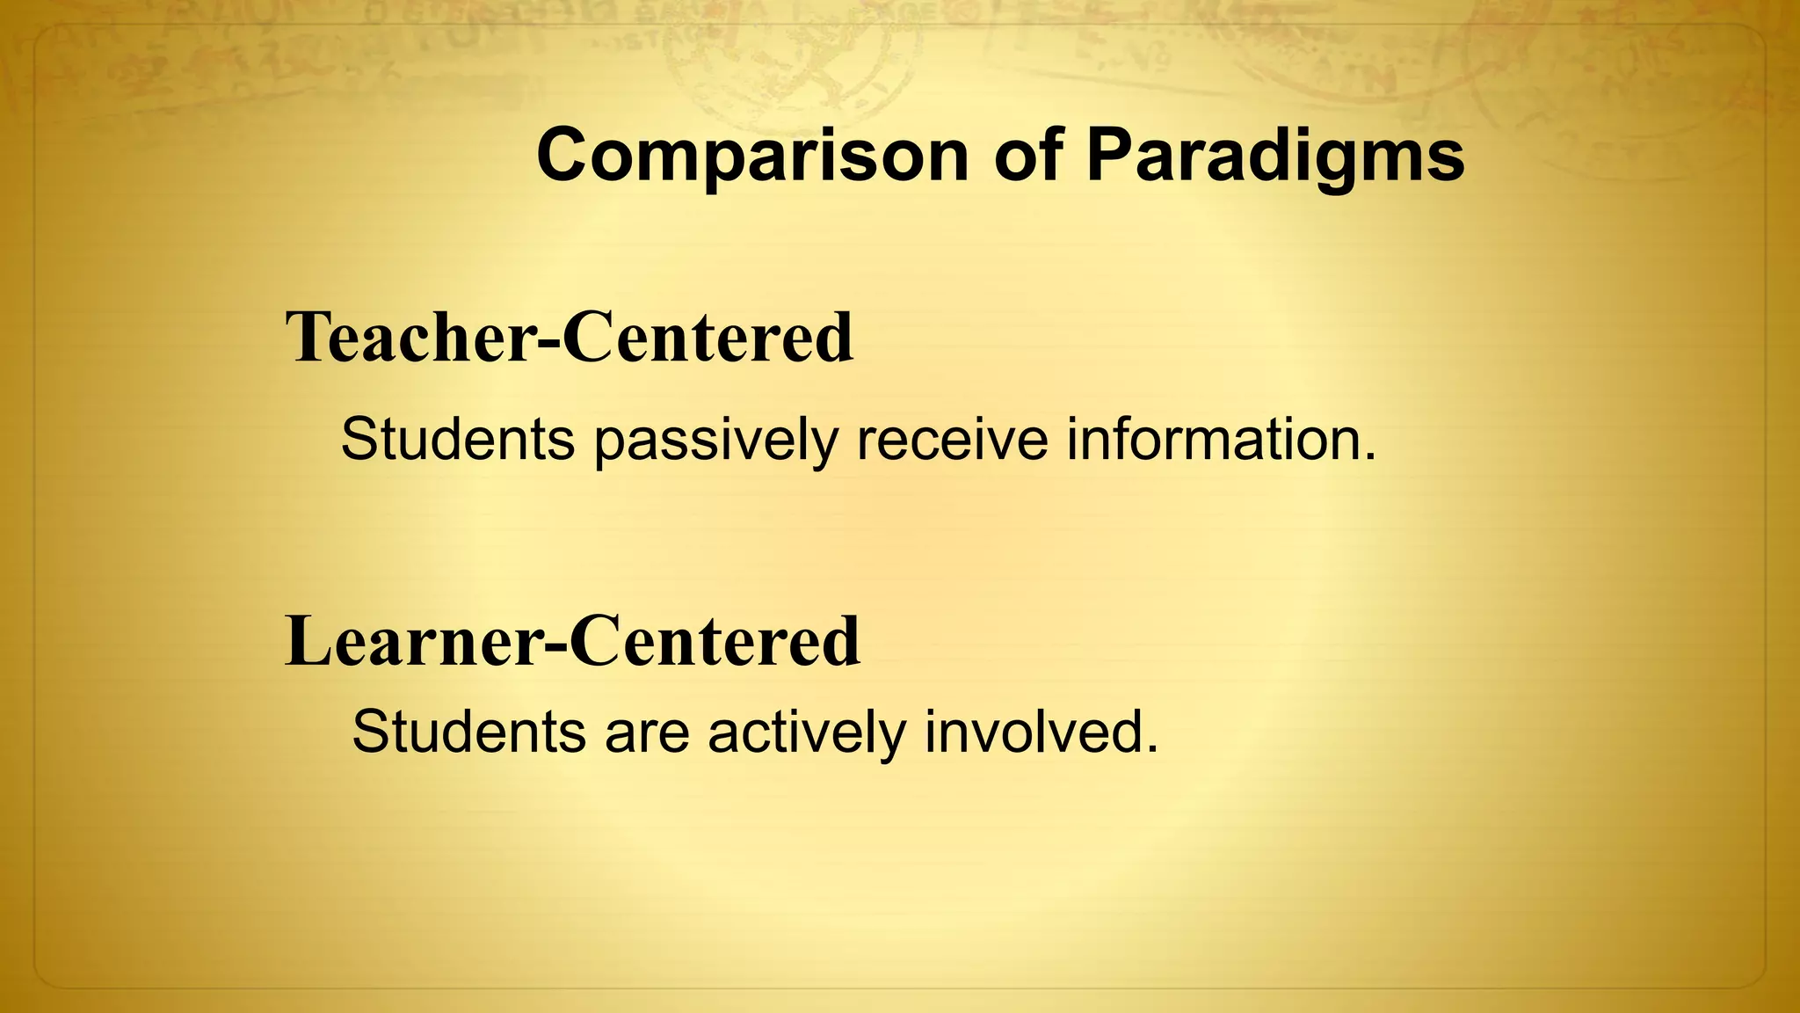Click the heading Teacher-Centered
pos(570,338)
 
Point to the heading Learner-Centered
pos(573,641)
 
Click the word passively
pos(715,441)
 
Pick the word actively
pos(806,732)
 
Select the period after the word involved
pos(1151,749)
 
